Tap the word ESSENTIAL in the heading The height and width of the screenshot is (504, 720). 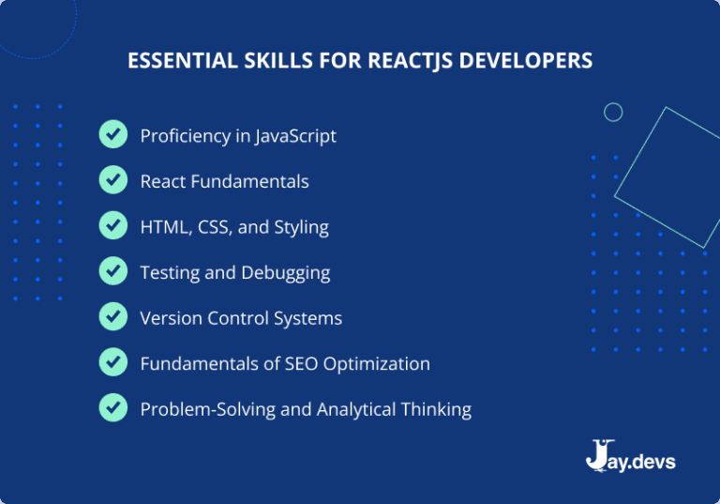click(x=169, y=60)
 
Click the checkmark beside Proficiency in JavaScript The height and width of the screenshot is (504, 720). click(x=112, y=135)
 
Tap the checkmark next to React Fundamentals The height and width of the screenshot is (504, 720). click(x=112, y=180)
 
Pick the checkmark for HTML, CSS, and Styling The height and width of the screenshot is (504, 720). click(x=112, y=226)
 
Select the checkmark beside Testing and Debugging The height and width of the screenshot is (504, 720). click(x=112, y=272)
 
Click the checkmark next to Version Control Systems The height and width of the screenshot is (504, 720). click(x=112, y=317)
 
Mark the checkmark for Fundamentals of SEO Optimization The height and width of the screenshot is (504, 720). click(x=112, y=363)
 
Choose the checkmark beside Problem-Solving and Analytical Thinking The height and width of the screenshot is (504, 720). click(x=112, y=408)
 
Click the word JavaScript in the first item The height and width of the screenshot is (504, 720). click(x=294, y=136)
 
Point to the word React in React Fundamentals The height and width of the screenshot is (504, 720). click(x=163, y=181)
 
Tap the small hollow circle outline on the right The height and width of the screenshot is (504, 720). click(x=613, y=113)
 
